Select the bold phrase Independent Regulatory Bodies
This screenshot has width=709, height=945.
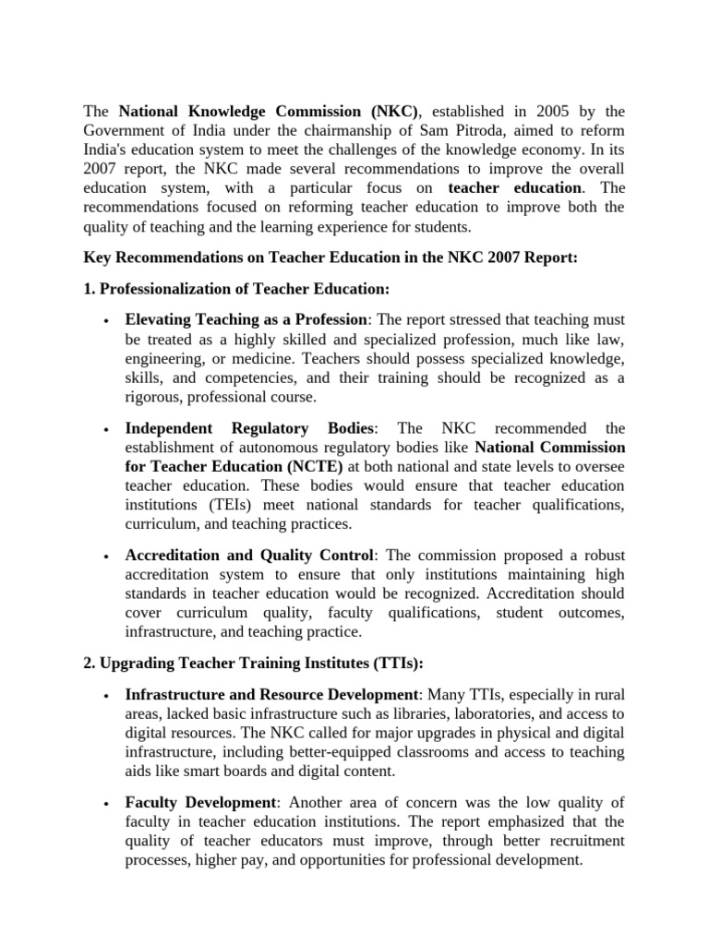click(249, 428)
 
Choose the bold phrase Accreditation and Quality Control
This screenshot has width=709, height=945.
click(250, 556)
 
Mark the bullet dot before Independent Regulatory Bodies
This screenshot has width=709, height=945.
click(109, 429)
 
